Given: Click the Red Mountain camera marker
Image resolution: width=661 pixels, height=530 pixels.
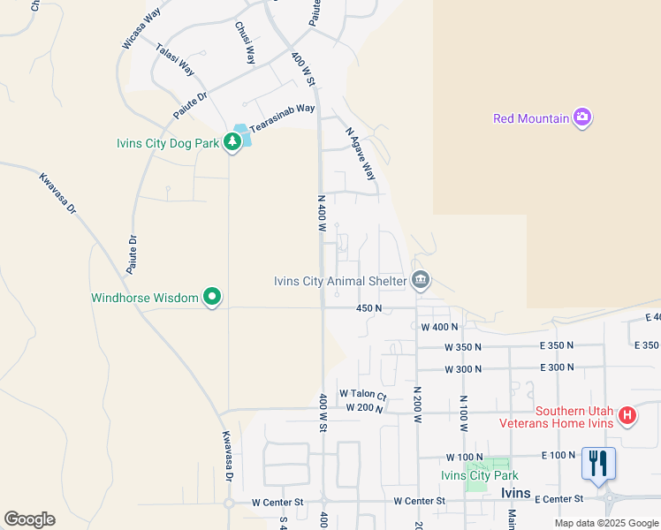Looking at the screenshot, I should pos(581,117).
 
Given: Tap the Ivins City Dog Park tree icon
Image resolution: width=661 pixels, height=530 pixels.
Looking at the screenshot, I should pos(232,141).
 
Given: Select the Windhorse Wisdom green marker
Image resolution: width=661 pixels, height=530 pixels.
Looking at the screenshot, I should pos(211,298).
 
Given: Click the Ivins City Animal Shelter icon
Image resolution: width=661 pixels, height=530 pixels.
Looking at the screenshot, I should pos(421,282).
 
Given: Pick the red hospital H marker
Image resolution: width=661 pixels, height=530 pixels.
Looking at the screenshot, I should pos(627,414).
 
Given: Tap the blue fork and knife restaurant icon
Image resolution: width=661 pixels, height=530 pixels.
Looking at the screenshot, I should pos(598,464).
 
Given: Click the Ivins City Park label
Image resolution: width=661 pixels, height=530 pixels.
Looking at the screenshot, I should pos(477,475).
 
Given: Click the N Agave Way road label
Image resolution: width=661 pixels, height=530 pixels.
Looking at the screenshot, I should pos(360,153).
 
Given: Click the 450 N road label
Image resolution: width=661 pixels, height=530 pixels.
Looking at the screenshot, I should pos(368,308).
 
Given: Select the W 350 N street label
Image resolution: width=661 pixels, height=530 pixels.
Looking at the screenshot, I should pos(463,347).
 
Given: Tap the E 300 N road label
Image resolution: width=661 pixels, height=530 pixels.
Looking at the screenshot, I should pos(562,367).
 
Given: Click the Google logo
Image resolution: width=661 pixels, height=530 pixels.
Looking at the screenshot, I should pos(29,519).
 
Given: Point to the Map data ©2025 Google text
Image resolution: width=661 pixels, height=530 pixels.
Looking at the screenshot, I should pos(605,523).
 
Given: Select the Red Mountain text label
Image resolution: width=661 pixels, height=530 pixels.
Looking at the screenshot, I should pos(530,118).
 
